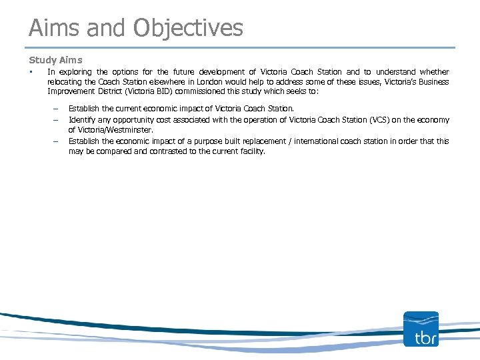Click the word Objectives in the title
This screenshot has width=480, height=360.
coord(189,28)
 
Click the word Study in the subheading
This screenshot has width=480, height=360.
coord(41,60)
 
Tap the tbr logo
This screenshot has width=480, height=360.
coord(421,329)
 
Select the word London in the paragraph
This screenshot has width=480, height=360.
coord(201,82)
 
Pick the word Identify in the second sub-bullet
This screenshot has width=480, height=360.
coord(83,120)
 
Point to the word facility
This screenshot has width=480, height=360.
coord(251,151)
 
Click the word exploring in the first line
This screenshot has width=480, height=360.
coord(75,72)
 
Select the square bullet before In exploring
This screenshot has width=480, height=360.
coord(31,72)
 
